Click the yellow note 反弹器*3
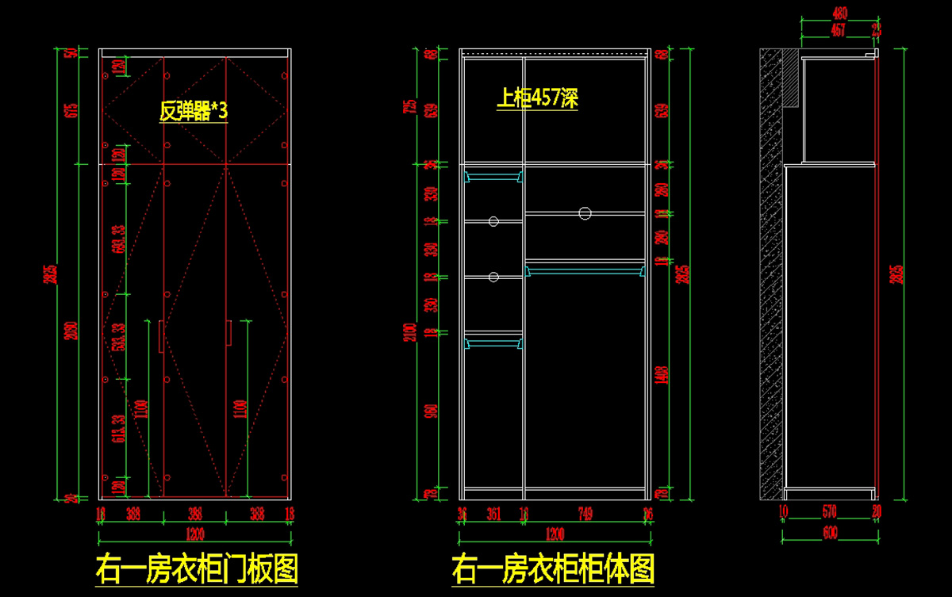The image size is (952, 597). point(194,111)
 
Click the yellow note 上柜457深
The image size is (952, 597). point(537,98)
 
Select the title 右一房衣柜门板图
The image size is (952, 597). point(197,568)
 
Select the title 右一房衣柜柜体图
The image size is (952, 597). point(553,568)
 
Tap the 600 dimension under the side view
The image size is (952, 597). point(830,533)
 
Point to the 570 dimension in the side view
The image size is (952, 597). point(828,512)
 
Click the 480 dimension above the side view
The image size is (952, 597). point(839,13)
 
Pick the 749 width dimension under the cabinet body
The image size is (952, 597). point(585,514)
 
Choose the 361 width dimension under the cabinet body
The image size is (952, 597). point(493,514)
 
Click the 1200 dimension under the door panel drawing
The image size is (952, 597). point(194,533)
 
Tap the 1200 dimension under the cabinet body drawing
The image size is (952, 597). point(553,533)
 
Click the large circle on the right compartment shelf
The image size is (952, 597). point(585,212)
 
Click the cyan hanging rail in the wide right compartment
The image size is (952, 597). point(585,272)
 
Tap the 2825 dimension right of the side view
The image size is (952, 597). point(897,274)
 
